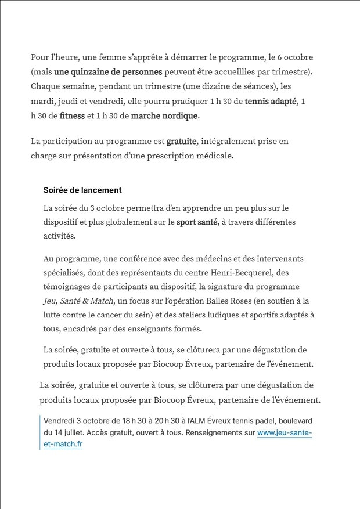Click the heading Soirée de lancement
pos(82,190)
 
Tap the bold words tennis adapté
pos(271,102)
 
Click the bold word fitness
pos(72,116)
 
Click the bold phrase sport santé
pos(197,222)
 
